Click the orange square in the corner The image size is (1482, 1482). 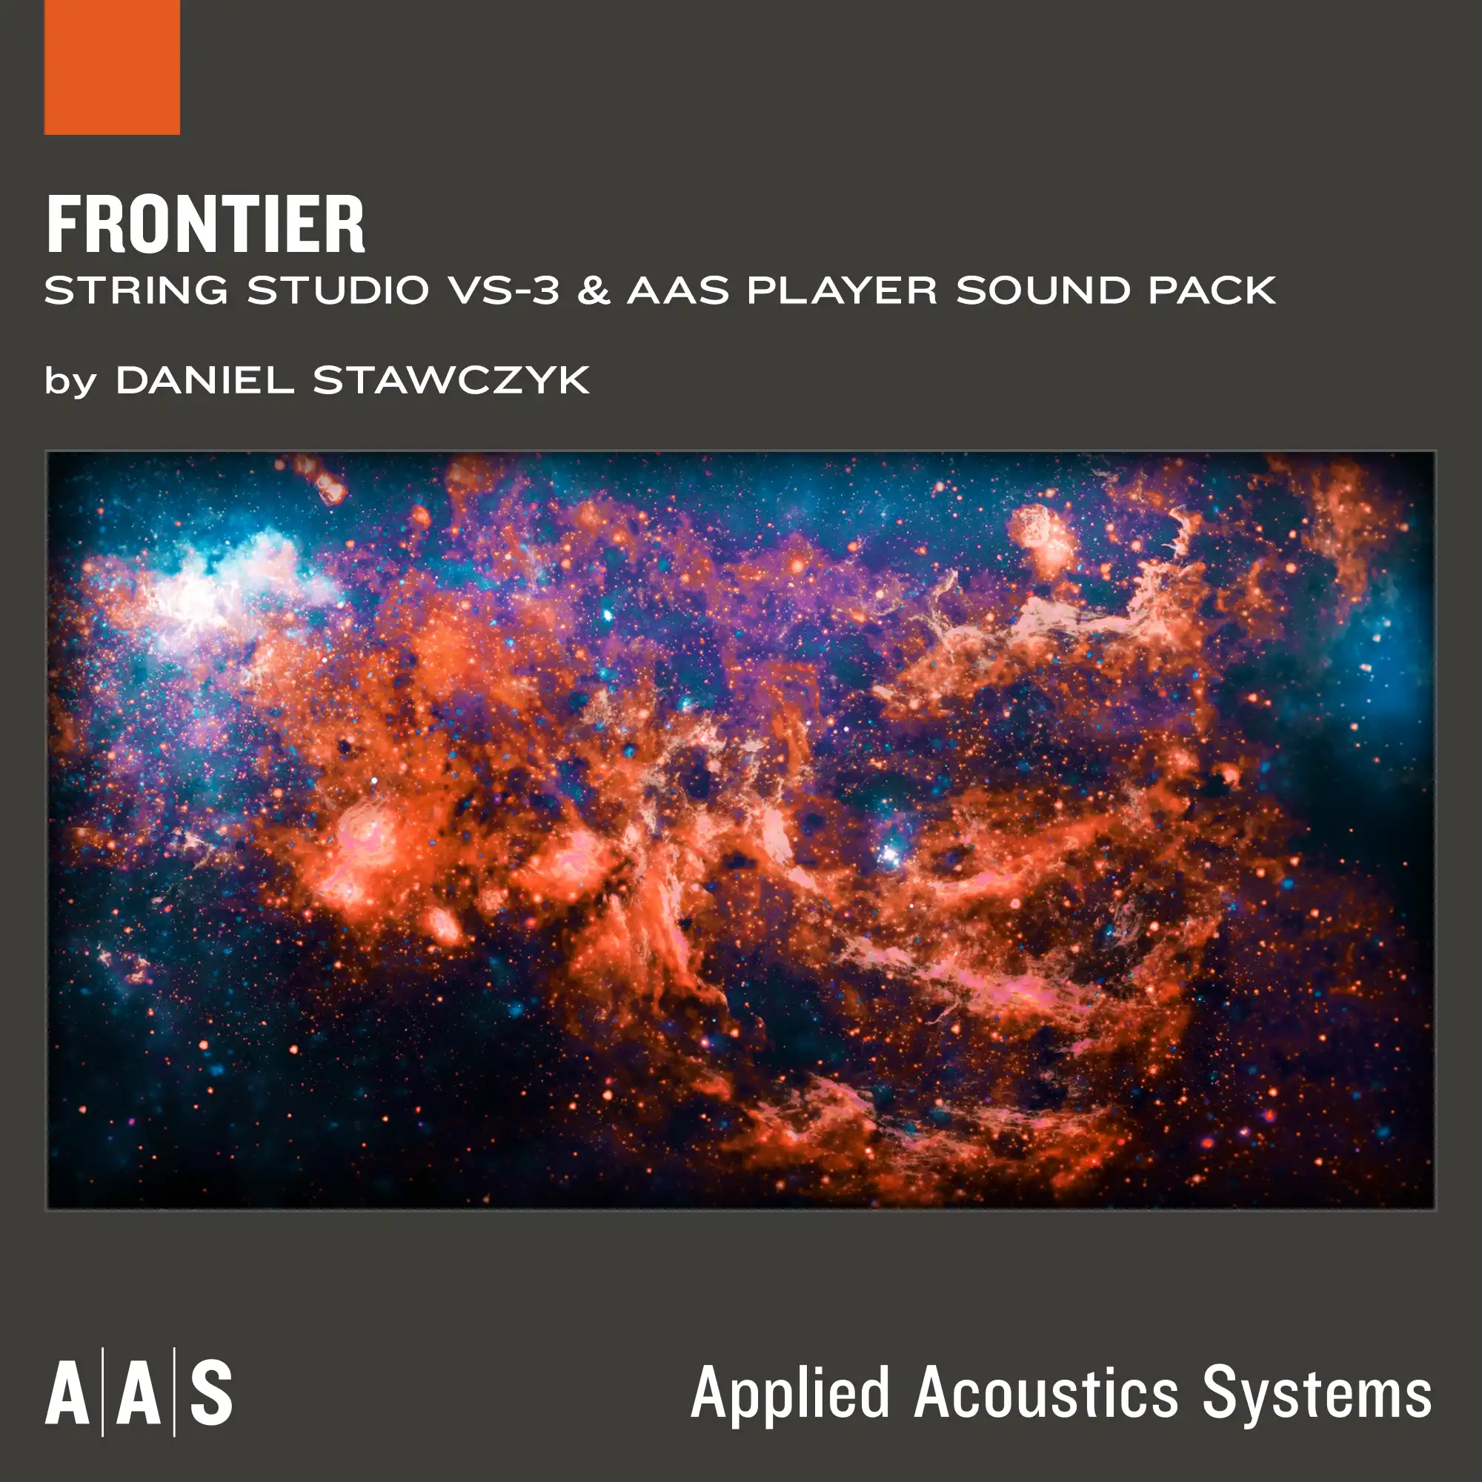point(112,67)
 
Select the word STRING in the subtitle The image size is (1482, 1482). point(136,290)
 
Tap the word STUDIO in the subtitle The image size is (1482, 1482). point(337,290)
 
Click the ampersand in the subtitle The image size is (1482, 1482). point(593,290)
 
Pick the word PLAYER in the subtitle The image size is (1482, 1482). point(842,290)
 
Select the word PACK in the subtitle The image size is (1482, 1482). point(1212,290)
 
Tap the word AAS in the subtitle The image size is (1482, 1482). point(678,290)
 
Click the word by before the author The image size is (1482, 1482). point(70,381)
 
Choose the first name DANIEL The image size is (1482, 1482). point(205,379)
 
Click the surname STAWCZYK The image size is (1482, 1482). point(451,379)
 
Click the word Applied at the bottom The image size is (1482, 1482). point(790,1394)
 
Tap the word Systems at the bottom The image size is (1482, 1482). point(1316,1394)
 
